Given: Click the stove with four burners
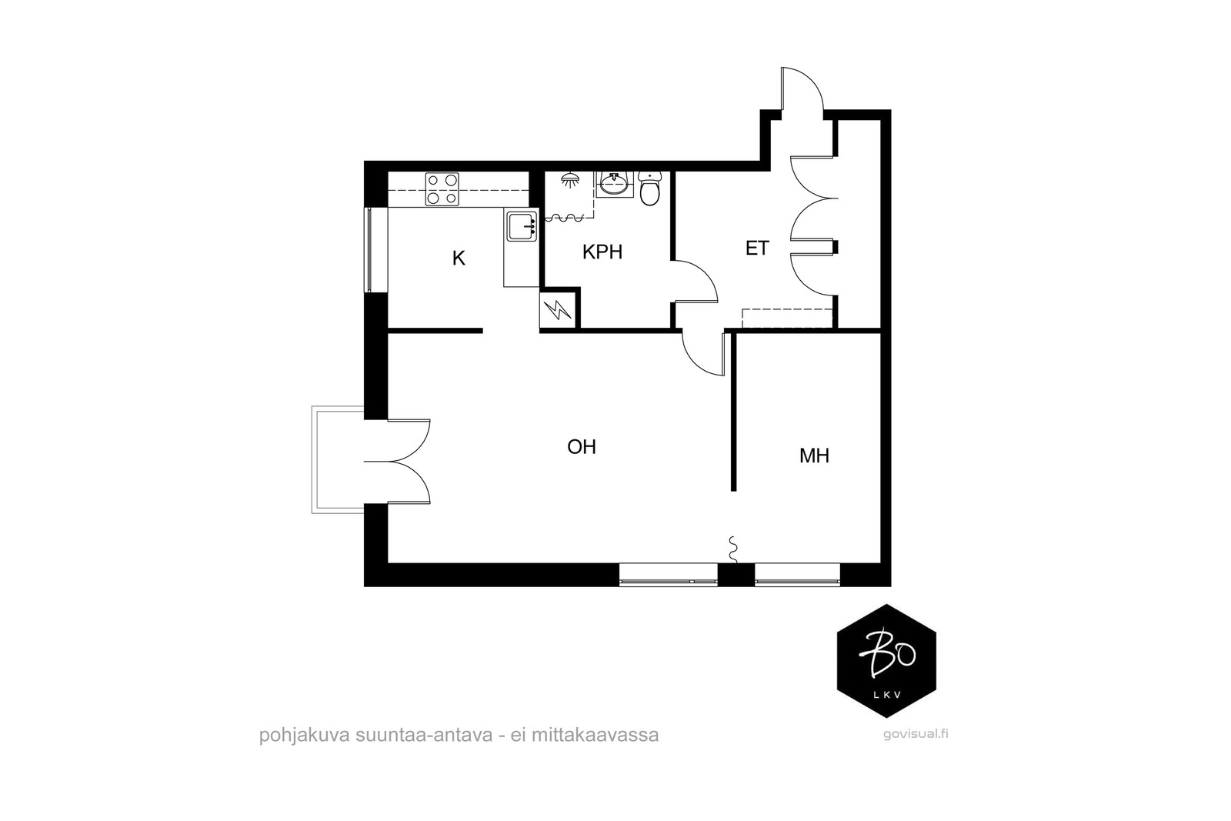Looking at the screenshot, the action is [442, 189].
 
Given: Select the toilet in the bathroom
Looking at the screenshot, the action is [649, 188].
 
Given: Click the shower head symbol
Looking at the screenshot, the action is [571, 179].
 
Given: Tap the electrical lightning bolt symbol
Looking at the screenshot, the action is [558, 310].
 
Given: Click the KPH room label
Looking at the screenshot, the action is [602, 252].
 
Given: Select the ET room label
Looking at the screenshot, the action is [757, 249].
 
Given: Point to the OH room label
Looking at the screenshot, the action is [582, 447].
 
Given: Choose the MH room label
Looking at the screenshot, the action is [814, 456].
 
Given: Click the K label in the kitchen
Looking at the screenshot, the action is [459, 258].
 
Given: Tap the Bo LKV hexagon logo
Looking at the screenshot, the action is [886, 661].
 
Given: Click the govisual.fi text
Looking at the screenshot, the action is [916, 734].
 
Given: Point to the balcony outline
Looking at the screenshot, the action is [313, 460].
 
